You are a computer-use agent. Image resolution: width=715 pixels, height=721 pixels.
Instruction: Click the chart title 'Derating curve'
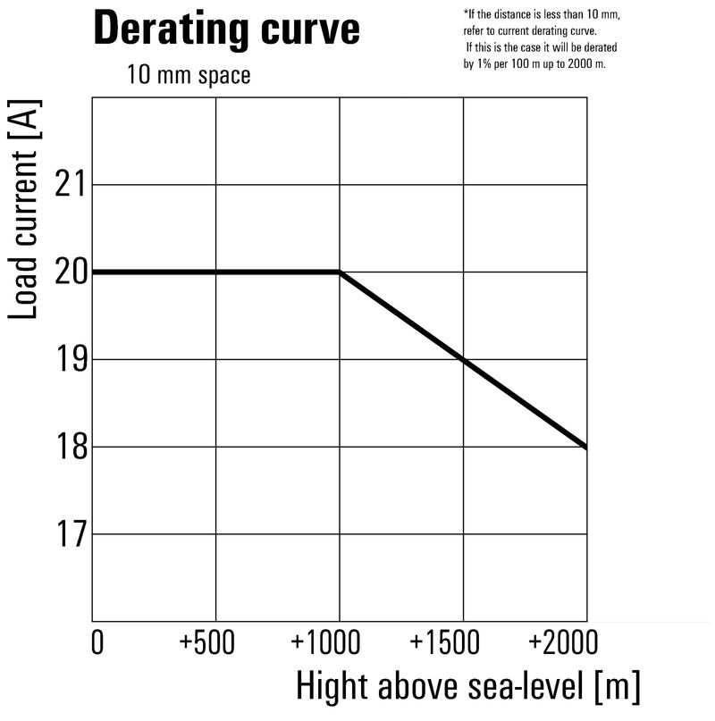[x=226, y=29]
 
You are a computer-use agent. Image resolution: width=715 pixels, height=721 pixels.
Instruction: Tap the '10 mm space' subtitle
[x=188, y=75]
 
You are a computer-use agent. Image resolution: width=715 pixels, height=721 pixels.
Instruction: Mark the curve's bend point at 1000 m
[x=340, y=272]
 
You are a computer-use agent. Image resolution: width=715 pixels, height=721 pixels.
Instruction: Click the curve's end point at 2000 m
[x=586, y=447]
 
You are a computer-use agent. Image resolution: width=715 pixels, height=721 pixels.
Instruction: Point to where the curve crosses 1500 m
[x=463, y=359]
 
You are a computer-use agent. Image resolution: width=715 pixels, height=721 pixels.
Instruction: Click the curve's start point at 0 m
[x=94, y=272]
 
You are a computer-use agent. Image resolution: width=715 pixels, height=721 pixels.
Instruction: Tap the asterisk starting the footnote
[x=466, y=13]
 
